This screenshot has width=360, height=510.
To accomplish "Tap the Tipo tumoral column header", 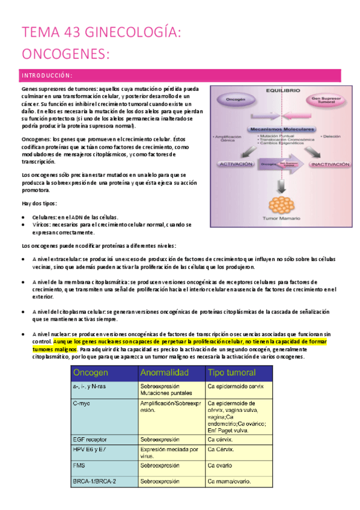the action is [231, 372].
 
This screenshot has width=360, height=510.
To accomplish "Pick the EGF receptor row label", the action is [91, 438].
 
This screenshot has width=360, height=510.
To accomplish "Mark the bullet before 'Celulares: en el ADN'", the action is [23, 217].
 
